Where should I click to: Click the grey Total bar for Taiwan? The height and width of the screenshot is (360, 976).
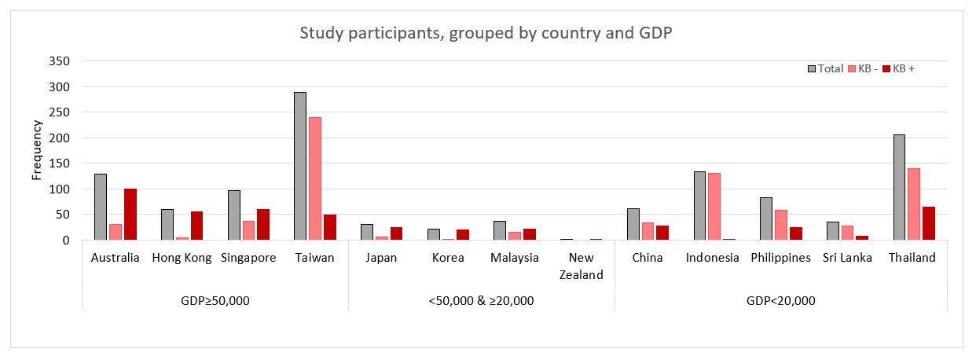click(299, 167)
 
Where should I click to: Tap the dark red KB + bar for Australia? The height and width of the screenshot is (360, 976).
click(130, 215)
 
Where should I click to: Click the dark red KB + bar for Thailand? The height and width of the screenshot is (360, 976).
click(929, 223)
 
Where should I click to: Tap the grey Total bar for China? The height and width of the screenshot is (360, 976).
click(633, 224)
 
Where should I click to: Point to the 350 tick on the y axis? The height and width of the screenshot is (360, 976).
click(60, 61)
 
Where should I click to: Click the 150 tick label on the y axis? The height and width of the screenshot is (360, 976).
click(60, 138)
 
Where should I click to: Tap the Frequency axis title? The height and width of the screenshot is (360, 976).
click(36, 150)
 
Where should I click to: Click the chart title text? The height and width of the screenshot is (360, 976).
click(487, 35)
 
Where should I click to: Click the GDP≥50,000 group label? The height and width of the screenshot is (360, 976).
click(215, 301)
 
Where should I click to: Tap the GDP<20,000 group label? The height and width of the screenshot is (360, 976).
click(780, 301)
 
